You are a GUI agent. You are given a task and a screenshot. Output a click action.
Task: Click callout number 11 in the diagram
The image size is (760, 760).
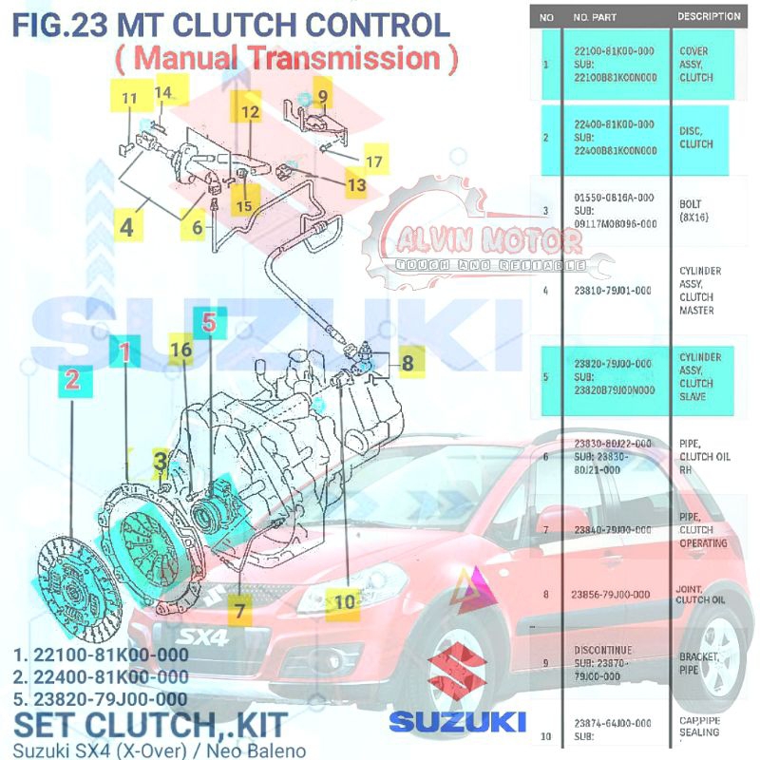130,98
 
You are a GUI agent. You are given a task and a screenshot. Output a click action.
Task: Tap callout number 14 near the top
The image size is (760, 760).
164,92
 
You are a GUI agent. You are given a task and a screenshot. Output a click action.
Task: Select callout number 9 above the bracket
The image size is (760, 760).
322,95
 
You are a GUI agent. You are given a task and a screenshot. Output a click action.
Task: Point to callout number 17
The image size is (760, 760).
374,162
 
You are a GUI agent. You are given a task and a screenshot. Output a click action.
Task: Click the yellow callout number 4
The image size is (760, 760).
126,228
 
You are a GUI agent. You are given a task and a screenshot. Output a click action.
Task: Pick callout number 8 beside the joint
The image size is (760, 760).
407,362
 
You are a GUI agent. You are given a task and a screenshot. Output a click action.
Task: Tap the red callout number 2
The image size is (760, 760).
72,382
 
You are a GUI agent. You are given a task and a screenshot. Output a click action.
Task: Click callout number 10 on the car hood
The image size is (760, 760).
344,600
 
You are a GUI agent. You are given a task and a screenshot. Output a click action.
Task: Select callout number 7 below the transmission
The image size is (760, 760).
238,609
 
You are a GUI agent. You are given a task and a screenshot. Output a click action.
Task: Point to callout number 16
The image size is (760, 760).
181,350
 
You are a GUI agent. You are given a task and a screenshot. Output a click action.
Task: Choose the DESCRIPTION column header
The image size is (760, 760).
708,16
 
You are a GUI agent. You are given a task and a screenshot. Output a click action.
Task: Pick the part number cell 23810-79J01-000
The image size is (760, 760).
614,291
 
